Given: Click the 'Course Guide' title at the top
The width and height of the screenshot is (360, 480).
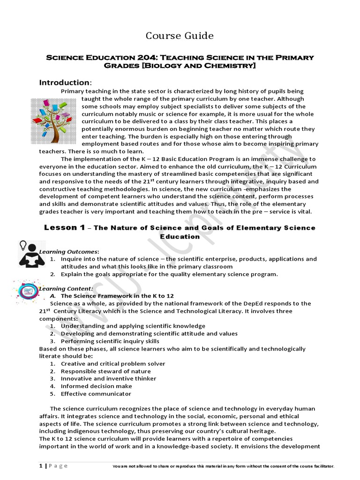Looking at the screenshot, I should (180, 36).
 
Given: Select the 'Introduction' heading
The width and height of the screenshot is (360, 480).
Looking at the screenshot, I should (64, 82).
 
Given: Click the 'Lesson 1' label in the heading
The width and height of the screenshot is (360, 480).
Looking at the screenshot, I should (64, 227).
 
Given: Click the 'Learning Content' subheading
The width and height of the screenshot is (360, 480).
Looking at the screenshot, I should (66, 288).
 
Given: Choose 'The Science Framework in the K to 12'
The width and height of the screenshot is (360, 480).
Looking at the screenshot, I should (117, 296).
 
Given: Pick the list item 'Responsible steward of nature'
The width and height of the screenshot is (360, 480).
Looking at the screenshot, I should (105, 371).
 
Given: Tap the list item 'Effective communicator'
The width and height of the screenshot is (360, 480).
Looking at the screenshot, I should (96, 393).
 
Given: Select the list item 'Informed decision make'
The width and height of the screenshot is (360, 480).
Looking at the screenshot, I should (96, 386).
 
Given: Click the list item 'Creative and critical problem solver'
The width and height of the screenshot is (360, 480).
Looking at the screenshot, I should (113, 363).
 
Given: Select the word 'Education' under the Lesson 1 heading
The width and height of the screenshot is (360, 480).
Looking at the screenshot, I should (180, 237).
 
